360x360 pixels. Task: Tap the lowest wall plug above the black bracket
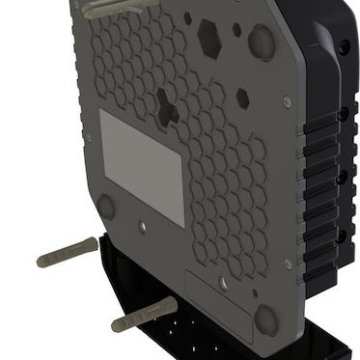point(143,315)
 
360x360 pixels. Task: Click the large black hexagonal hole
point(208,37)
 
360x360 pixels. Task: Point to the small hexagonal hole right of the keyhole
point(243,98)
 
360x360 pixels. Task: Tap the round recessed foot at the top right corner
point(261,41)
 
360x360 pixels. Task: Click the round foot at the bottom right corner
point(265,319)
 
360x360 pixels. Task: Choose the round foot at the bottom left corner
point(106,207)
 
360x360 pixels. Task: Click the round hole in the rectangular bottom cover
point(224,284)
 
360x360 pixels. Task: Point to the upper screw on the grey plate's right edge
point(285,100)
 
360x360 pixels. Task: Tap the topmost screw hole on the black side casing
point(345,45)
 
